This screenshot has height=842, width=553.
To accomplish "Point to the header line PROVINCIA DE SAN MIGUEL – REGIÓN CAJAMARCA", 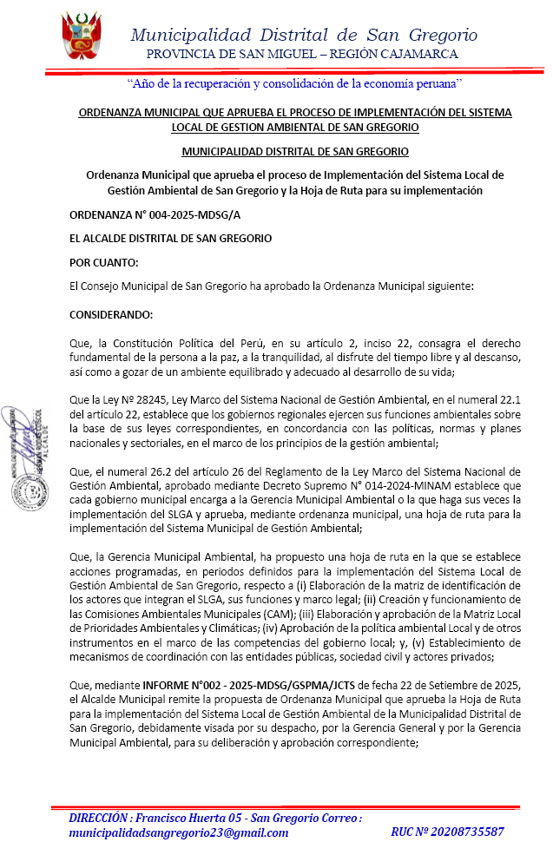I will tap(302, 54).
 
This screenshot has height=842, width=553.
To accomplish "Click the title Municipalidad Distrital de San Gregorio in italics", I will tap(303, 35).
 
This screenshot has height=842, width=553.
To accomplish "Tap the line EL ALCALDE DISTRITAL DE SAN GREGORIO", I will tap(170, 238).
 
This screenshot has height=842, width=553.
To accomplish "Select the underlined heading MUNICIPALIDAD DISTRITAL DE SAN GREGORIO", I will tap(294, 151).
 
